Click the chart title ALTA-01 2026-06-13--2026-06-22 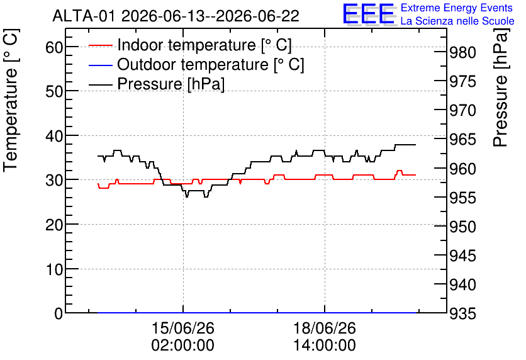[x=176, y=16]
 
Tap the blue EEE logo [x=369, y=14]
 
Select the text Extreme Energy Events [x=457, y=8]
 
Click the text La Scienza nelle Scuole [x=457, y=21]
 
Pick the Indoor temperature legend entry [x=190, y=45]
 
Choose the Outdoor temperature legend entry [x=196, y=64]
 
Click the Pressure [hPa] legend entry [x=156, y=84]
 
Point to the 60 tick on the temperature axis [x=54, y=47]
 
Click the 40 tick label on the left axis [x=54, y=136]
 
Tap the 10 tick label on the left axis [x=54, y=269]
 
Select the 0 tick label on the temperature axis [x=59, y=313]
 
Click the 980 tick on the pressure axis [x=462, y=52]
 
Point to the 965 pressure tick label [x=462, y=139]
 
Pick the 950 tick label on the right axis [x=462, y=227]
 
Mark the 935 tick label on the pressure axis [x=462, y=313]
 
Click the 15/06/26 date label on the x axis [x=183, y=328]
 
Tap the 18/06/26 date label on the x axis [x=325, y=328]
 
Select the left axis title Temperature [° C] [x=11, y=101]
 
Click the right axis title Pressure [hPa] [x=501, y=87]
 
